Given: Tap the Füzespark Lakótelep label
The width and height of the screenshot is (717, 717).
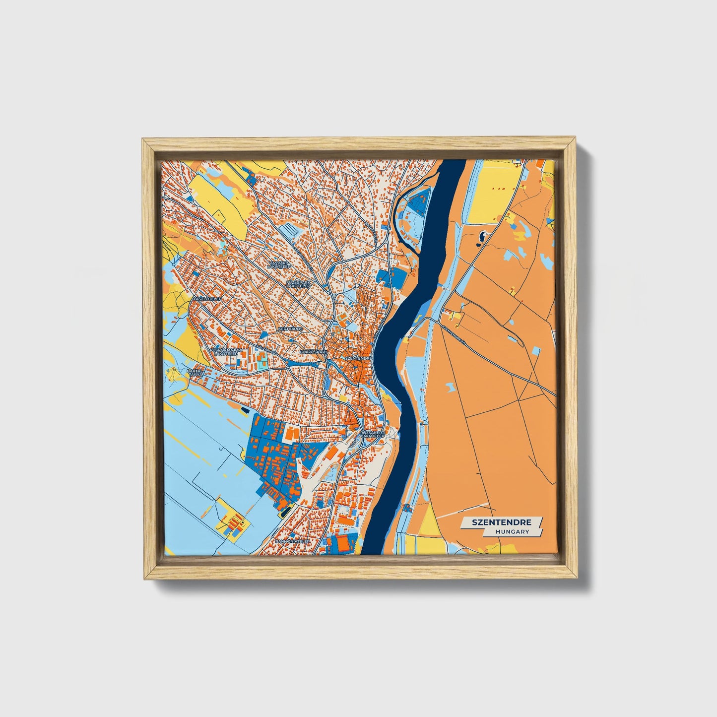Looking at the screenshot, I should tap(298, 284).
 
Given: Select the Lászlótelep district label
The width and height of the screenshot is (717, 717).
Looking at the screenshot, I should tap(208, 299).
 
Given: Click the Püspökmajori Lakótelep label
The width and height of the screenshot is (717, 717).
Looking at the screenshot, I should tap(226, 352).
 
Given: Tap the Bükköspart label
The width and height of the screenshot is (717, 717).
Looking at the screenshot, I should tap(314, 351).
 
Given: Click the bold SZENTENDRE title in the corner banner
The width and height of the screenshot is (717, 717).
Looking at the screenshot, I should tap(502, 522).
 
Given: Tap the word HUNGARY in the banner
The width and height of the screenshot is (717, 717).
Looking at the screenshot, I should tap(512, 531).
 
